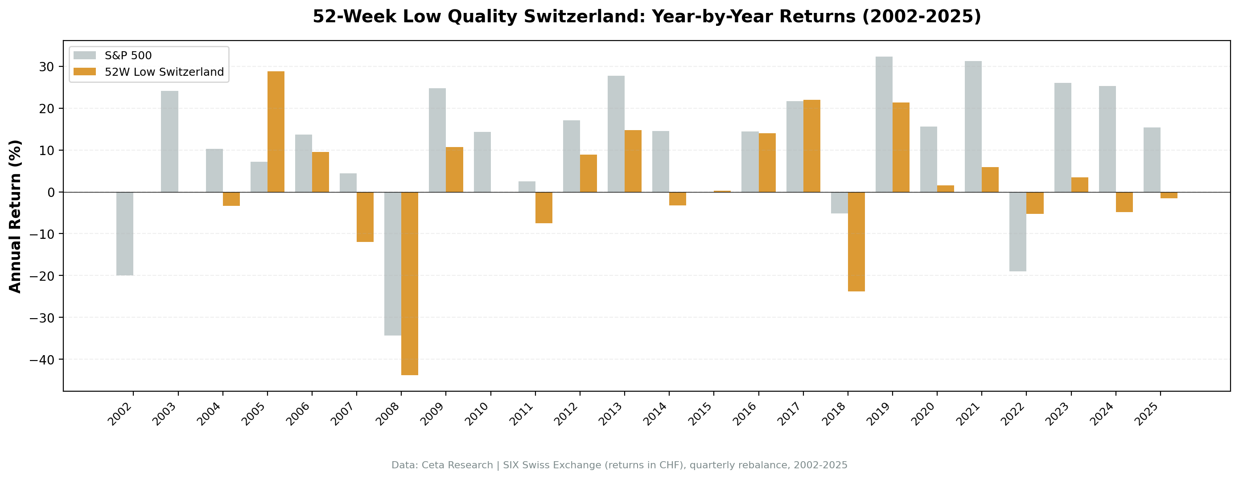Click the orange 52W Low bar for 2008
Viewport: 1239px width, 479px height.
tap(409, 283)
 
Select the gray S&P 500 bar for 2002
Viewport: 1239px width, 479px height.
tap(124, 234)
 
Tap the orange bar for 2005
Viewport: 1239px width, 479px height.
tap(276, 132)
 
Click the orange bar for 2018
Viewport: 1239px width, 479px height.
tap(856, 242)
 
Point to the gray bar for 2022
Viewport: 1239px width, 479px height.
tap(1017, 231)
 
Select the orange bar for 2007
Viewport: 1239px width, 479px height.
tap(365, 217)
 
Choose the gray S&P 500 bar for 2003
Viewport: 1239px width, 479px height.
tap(169, 141)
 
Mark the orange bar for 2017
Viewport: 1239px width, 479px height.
tap(811, 146)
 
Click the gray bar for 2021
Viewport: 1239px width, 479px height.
tap(973, 127)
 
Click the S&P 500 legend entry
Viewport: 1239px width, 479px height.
tap(128, 56)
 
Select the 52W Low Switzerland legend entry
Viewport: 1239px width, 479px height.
tap(164, 72)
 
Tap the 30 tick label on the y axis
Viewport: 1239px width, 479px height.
tap(47, 67)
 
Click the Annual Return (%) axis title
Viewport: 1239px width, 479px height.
tap(16, 216)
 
